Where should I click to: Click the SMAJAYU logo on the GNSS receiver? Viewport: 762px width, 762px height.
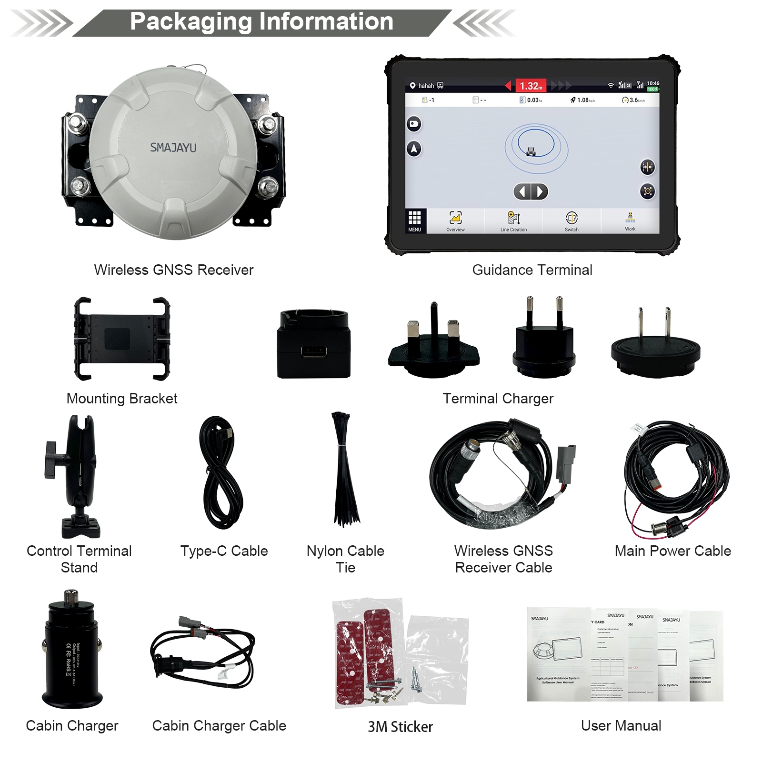(x=173, y=148)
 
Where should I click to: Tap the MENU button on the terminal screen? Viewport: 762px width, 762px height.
(x=414, y=221)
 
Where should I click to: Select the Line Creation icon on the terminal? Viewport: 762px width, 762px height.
(x=513, y=221)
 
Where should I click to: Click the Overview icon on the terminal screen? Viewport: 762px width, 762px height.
(x=455, y=221)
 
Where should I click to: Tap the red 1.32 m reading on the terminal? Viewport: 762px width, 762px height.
(x=531, y=86)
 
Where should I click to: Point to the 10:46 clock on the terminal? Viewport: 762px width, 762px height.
(x=653, y=83)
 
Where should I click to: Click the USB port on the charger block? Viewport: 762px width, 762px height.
(x=314, y=351)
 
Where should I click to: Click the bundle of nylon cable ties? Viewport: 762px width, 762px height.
(x=344, y=471)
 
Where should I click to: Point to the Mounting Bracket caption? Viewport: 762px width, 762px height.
(x=122, y=399)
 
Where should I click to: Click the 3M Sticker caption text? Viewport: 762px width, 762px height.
(x=400, y=727)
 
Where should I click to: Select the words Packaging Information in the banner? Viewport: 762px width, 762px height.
(x=262, y=22)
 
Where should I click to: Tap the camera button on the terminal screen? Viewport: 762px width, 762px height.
(x=414, y=124)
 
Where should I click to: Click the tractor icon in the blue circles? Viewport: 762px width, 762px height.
(x=531, y=151)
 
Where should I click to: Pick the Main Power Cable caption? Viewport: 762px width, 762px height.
(x=672, y=551)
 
